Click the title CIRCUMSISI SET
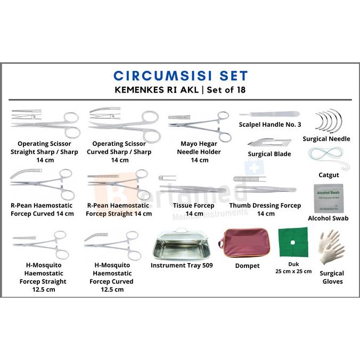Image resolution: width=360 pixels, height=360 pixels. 181,76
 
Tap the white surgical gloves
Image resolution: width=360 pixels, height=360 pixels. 331,247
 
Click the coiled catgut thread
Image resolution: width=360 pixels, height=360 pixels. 328,157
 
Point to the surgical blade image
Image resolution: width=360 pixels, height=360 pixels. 269,142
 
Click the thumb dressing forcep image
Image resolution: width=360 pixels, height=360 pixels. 265,187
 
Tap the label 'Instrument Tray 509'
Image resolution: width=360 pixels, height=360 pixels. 182,265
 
